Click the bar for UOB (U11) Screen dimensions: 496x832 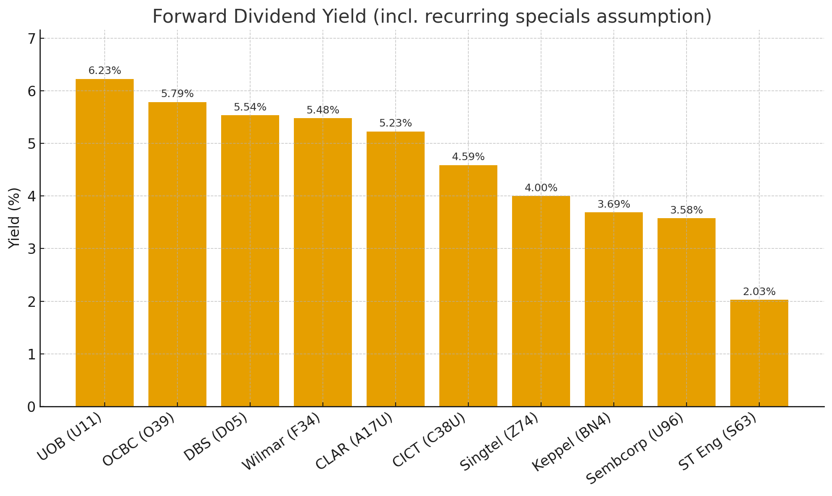(x=105, y=243)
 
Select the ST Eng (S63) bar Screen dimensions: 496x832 (x=759, y=353)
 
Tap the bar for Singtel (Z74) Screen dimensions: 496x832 (x=541, y=301)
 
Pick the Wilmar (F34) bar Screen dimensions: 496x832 (x=322, y=262)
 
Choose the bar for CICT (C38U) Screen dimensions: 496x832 (x=468, y=286)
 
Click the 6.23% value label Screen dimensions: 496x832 (x=105, y=71)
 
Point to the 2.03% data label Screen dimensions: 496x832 (x=759, y=292)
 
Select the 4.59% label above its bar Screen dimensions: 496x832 (x=468, y=157)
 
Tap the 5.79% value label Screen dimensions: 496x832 (x=177, y=94)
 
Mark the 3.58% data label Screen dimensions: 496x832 (x=686, y=210)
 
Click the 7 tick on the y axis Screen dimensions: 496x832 (x=32, y=39)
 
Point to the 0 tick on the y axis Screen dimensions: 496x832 (x=32, y=407)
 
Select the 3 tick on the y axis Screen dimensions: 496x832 (x=32, y=249)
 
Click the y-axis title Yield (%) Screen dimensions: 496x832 (x=14, y=218)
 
